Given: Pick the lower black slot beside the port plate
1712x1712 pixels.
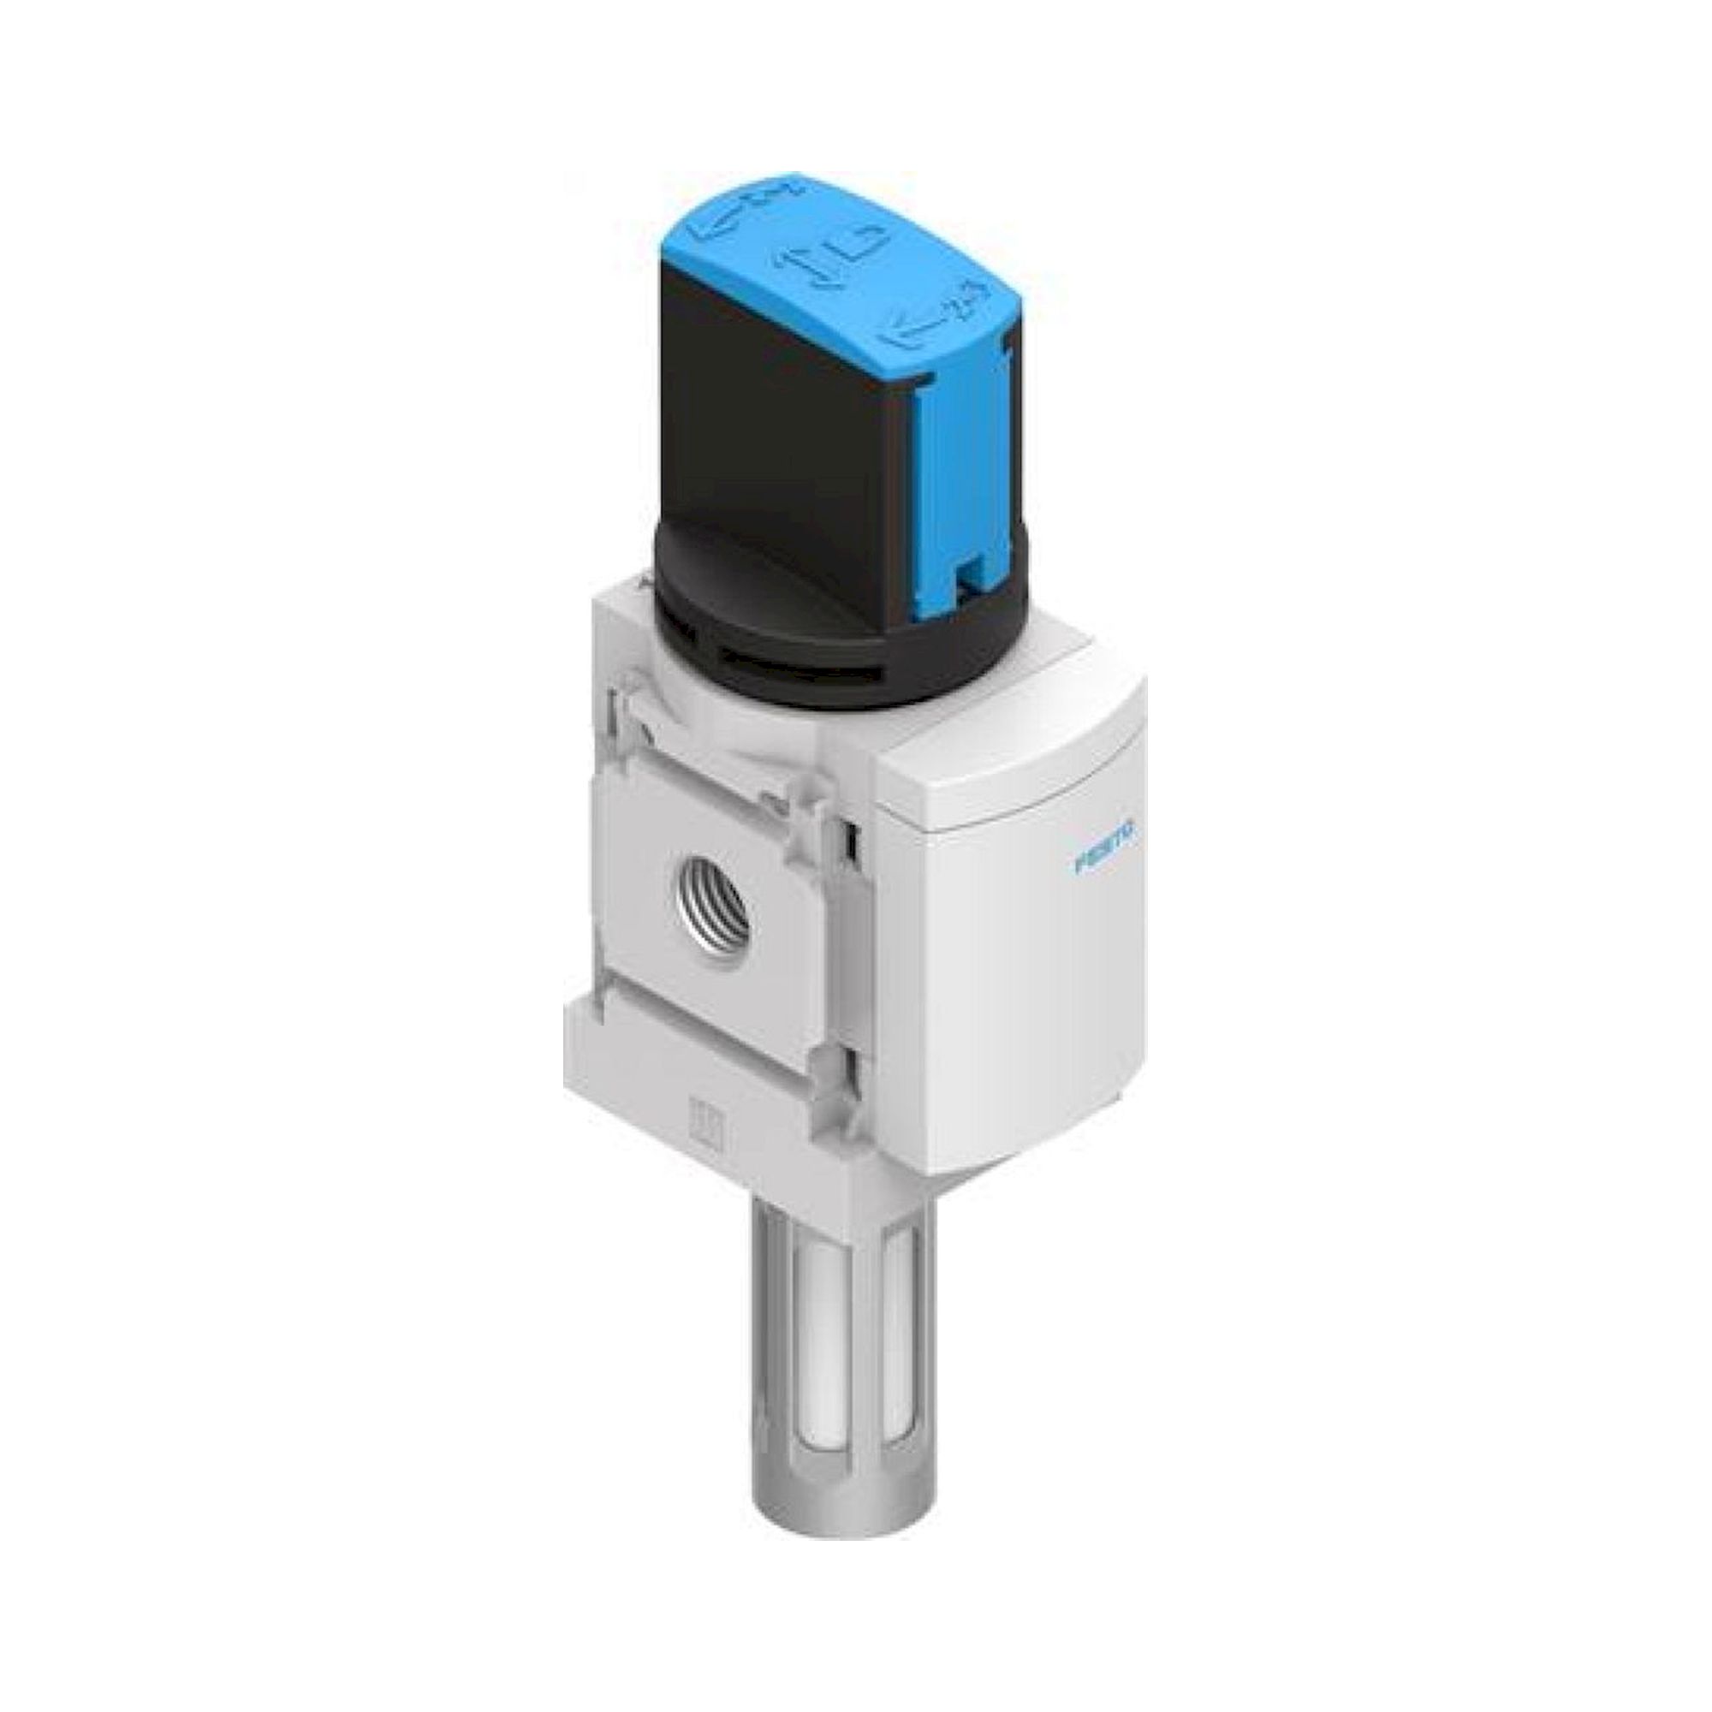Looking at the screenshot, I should pos(852,1077).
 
